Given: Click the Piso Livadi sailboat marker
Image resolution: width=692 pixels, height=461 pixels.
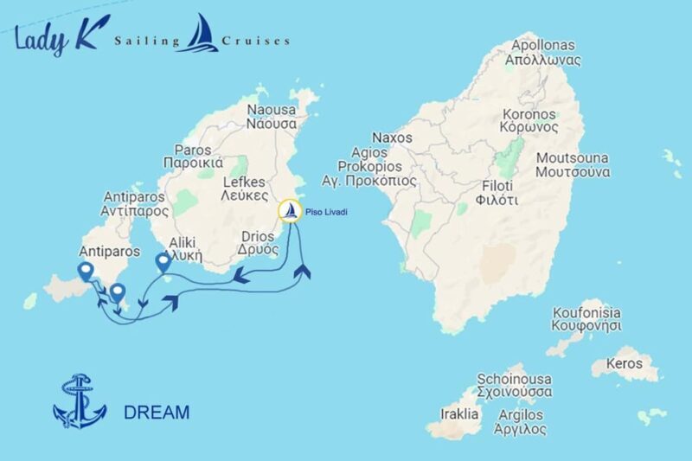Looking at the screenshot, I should pyautogui.click(x=291, y=210).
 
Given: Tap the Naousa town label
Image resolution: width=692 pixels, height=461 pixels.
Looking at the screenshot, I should pyautogui.click(x=272, y=117).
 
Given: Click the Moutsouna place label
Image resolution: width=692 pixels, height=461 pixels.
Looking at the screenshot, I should pyautogui.click(x=573, y=164).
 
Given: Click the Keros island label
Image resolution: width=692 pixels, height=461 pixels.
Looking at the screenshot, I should pyautogui.click(x=626, y=363).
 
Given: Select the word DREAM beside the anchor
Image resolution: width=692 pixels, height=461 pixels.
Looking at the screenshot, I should pyautogui.click(x=157, y=413).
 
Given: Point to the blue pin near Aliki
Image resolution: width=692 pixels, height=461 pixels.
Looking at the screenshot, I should pyautogui.click(x=162, y=263).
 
